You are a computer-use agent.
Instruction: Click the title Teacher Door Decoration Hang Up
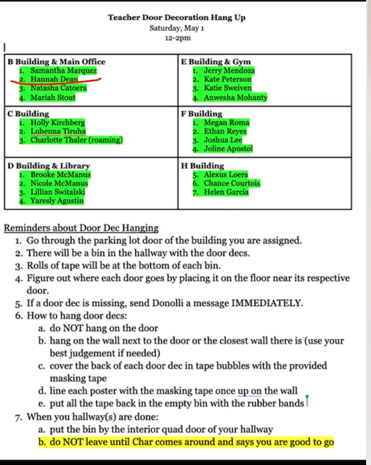click(x=177, y=18)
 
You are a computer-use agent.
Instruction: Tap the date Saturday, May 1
click(x=177, y=28)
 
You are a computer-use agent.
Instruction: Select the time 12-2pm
click(x=178, y=38)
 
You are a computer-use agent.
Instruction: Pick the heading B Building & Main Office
click(x=56, y=61)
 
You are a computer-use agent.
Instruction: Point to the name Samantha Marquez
click(x=64, y=70)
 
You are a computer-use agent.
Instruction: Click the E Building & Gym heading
click(x=216, y=61)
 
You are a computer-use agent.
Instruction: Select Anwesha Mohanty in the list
click(x=235, y=97)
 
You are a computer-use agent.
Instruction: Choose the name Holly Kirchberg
click(x=58, y=122)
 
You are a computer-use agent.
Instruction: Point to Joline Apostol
click(x=228, y=148)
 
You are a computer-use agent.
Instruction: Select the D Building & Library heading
click(x=49, y=165)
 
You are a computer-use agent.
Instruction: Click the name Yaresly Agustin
click(x=57, y=200)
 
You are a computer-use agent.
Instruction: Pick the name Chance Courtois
click(x=232, y=183)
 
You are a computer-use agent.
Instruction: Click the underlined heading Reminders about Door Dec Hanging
click(x=81, y=228)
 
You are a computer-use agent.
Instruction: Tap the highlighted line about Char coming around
click(x=192, y=442)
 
